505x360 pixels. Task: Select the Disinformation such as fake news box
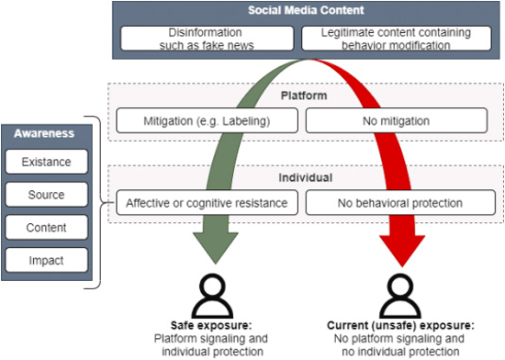[x=209, y=38]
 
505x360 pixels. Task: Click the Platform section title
[x=303, y=96]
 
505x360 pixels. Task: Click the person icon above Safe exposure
[x=212, y=294]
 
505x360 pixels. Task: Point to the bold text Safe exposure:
[x=212, y=325]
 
